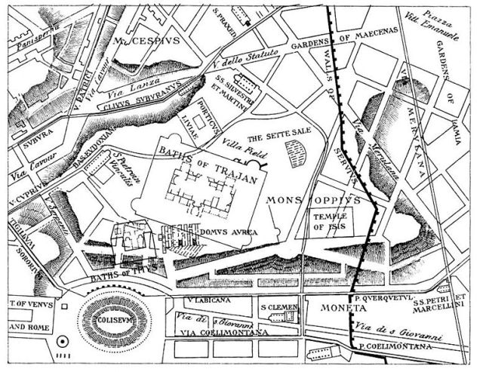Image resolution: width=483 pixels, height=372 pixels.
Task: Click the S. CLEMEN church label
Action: click(281, 308)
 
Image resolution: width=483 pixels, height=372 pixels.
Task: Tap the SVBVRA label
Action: click(32, 140)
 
